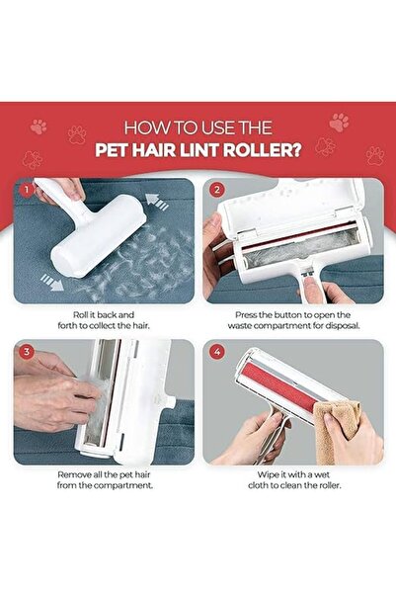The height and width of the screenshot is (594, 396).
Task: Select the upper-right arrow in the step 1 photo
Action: click(154, 202)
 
